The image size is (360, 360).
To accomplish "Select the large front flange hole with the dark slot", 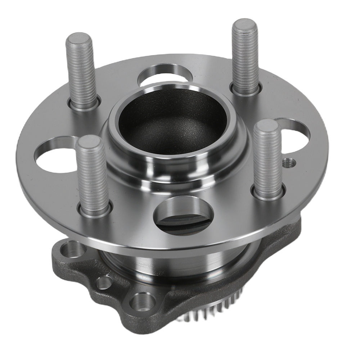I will [180, 216].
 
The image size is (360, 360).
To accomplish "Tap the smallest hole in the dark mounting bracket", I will [104, 283].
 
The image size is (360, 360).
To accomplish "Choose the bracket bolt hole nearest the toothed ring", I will [140, 300].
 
